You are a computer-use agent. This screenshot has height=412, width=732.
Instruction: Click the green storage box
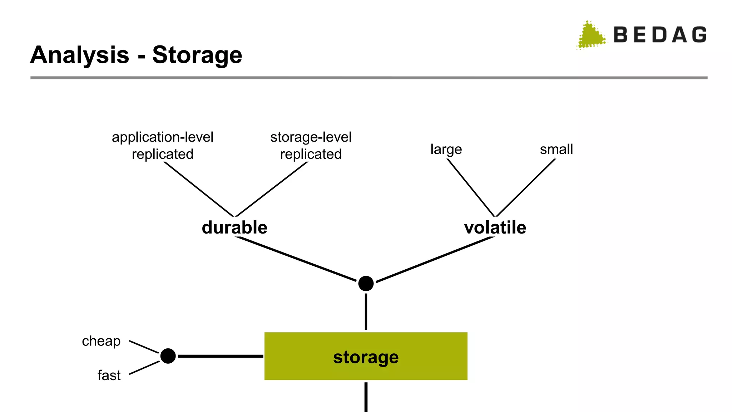[366, 356]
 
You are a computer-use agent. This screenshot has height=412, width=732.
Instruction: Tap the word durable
[234, 227]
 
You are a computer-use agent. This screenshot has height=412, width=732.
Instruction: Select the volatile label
[495, 227]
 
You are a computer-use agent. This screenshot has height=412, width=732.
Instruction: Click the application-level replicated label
[163, 146]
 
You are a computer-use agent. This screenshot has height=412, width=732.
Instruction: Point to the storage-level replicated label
[311, 146]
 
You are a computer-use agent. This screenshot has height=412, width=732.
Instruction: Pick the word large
[446, 149]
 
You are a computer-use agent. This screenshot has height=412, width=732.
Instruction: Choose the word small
[556, 149]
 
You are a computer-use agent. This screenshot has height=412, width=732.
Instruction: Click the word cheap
[101, 341]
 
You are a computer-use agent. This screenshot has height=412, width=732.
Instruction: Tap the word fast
[109, 375]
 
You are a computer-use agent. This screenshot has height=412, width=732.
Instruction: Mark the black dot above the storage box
[366, 284]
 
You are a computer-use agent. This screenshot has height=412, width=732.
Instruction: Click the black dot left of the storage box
[168, 356]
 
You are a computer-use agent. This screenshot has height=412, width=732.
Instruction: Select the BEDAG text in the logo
[660, 35]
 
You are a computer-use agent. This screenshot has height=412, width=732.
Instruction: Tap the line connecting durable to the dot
[296, 259]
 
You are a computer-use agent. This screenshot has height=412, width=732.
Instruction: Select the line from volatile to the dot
[435, 259]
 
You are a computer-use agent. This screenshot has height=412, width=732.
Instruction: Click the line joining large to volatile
[471, 187]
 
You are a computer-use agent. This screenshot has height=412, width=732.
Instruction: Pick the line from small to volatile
[525, 187]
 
